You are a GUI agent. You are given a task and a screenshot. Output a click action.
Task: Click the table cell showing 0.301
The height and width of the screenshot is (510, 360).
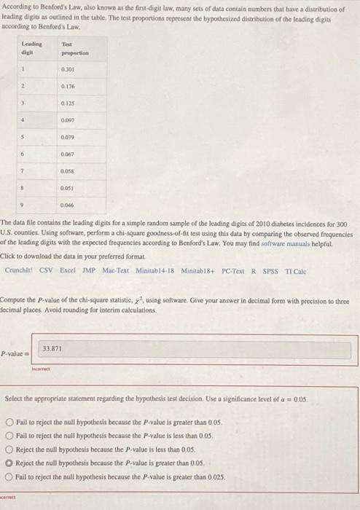click(x=70, y=70)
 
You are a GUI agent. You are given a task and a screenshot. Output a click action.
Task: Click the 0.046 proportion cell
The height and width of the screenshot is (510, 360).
click(x=70, y=205)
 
